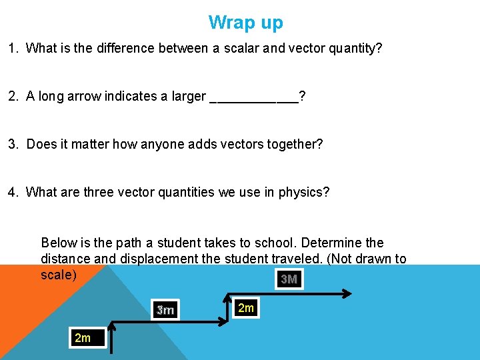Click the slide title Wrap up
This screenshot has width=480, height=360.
point(245,23)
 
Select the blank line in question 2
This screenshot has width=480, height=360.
point(254,97)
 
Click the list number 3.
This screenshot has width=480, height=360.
point(13,145)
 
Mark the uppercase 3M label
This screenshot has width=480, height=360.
point(289,279)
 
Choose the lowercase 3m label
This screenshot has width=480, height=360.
point(165,310)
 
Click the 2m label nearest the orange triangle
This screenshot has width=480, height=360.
point(83,338)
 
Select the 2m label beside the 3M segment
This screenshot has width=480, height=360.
point(245,307)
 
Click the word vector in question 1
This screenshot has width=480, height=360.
point(309,49)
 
